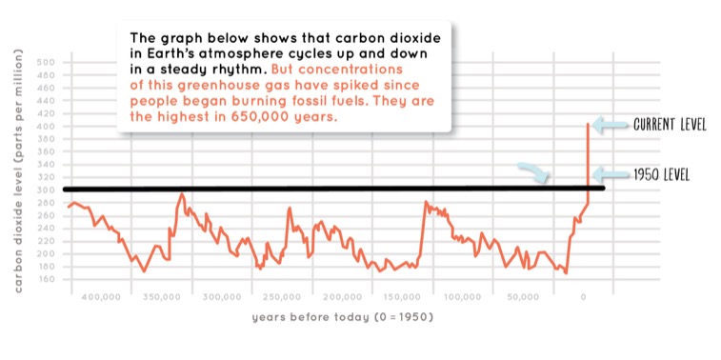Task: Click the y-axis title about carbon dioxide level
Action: [x=20, y=171]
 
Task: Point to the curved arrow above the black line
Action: [x=535, y=171]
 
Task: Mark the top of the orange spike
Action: [x=588, y=124]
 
